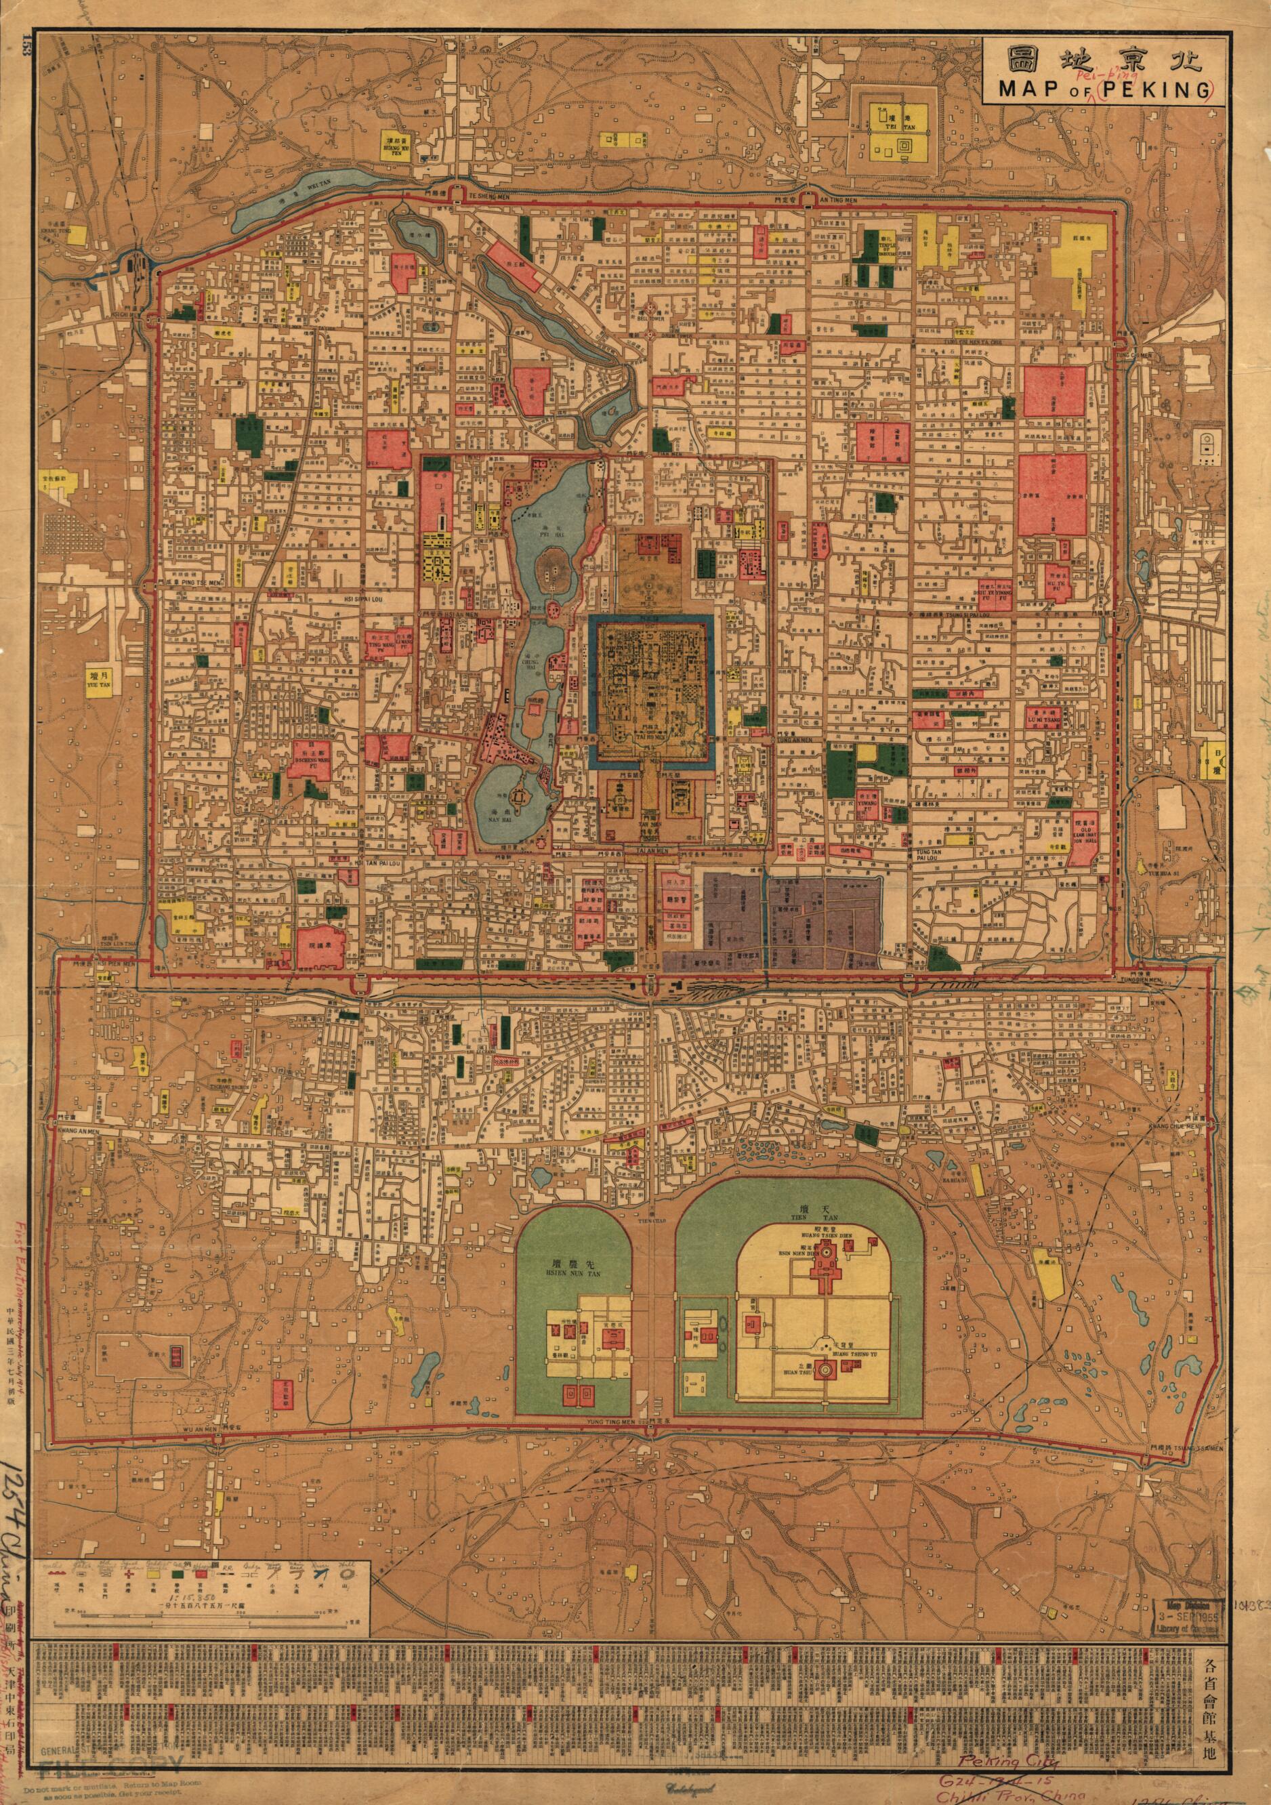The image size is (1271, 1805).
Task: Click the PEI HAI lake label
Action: (x=545, y=533)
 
